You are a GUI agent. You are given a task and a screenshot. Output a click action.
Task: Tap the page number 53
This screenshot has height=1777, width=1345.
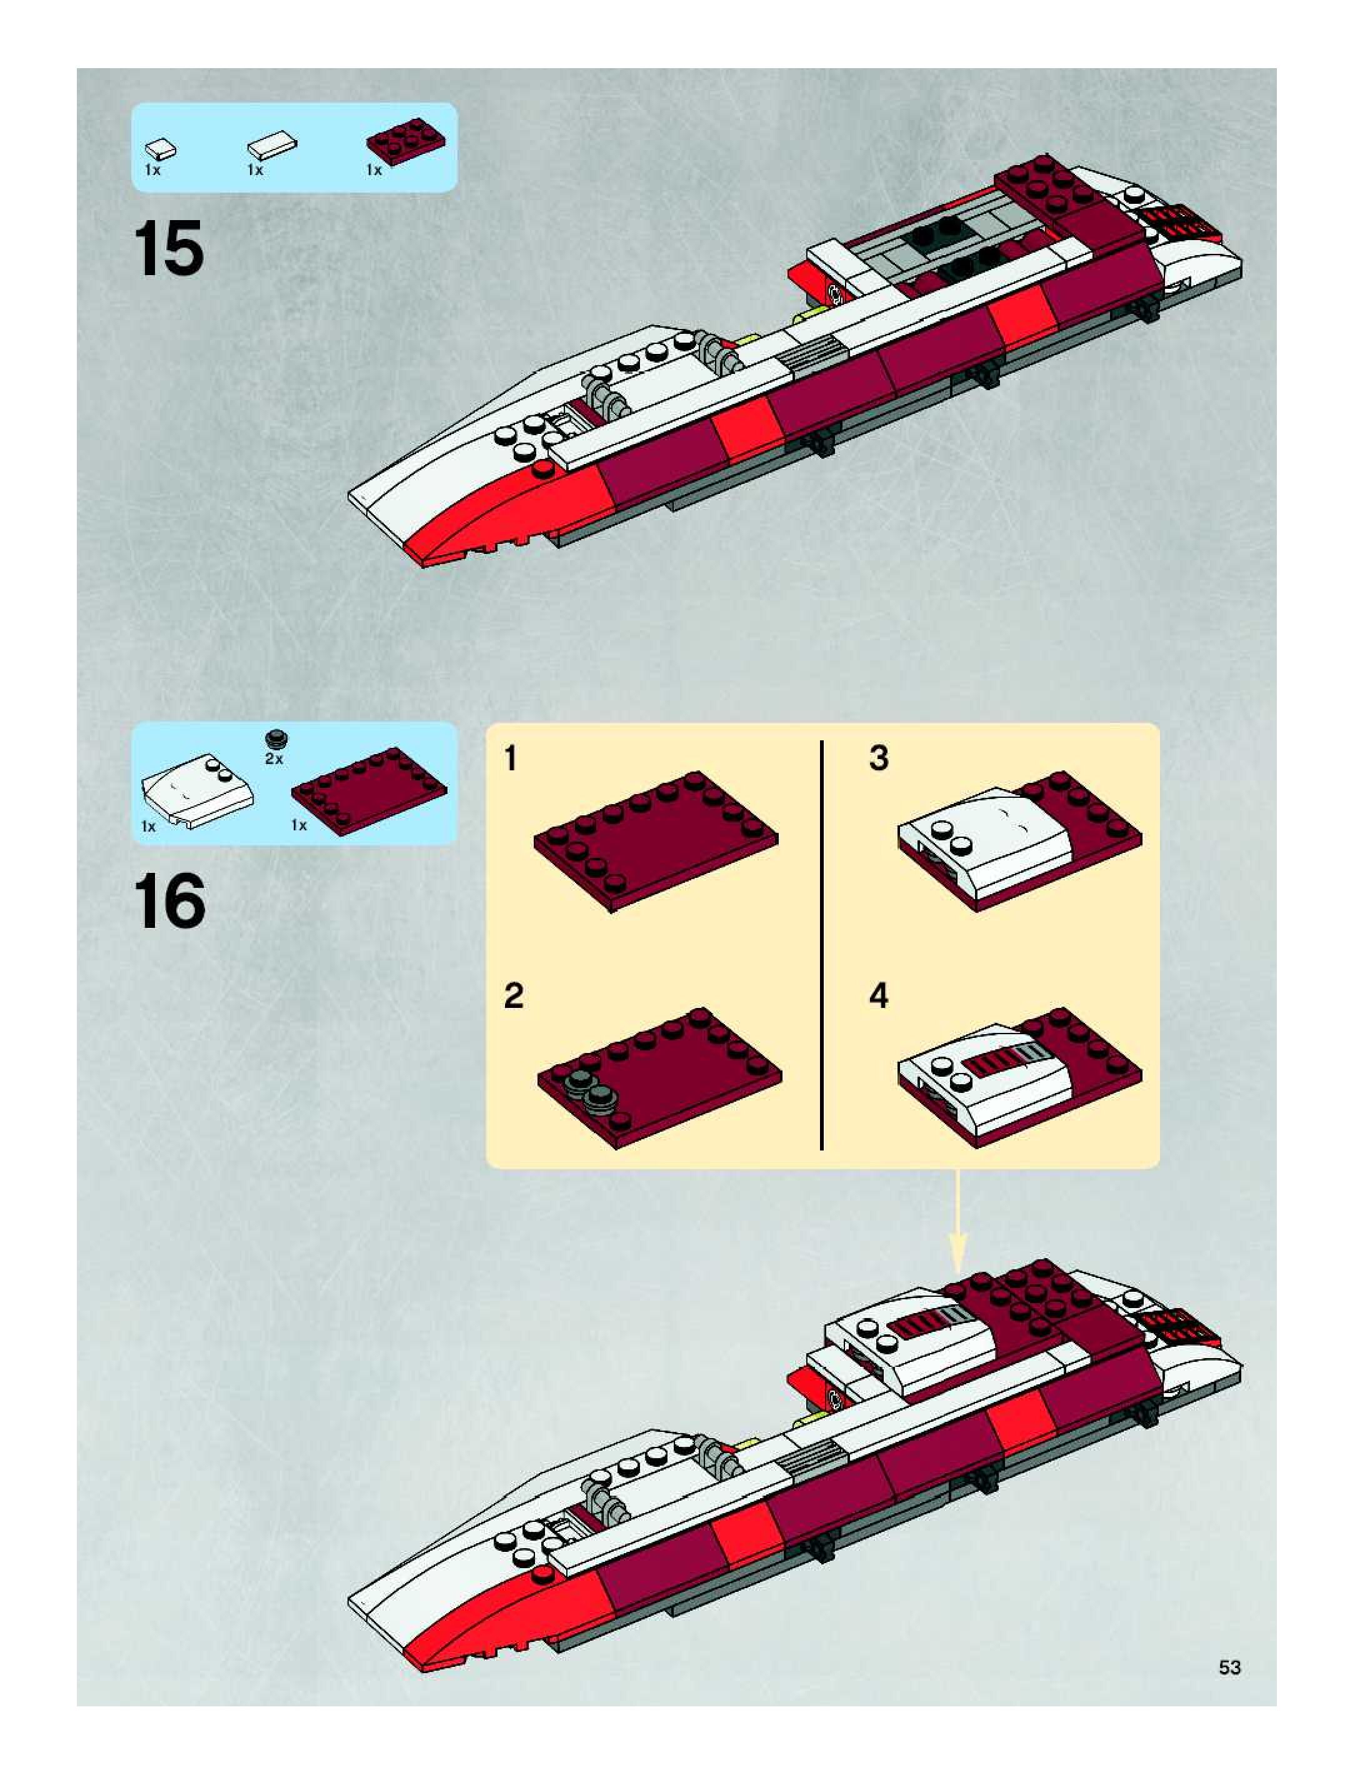1229,1668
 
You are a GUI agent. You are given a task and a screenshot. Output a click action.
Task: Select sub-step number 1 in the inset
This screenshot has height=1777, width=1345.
511,758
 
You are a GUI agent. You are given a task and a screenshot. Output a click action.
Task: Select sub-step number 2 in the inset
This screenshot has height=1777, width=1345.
513,996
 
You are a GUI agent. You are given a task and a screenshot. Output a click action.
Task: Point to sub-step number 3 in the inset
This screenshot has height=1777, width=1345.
879,758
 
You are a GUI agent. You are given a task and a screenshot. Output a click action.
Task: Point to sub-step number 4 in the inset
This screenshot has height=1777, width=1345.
879,996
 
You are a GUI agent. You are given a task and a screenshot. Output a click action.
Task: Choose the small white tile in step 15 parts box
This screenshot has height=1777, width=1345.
161,149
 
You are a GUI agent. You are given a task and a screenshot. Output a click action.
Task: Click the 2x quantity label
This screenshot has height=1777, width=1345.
274,758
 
